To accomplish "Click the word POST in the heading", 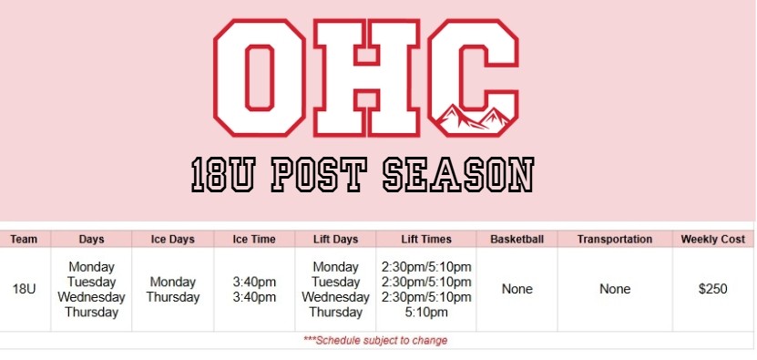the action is pyautogui.click(x=319, y=174).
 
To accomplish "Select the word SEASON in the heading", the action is pyautogui.click(x=458, y=174).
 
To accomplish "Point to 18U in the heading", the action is pyautogui.click(x=223, y=174).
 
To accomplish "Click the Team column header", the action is pyautogui.click(x=24, y=239).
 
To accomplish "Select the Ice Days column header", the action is pyautogui.click(x=172, y=239).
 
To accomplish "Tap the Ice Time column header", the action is pyautogui.click(x=254, y=239).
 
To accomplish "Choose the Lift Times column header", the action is pyautogui.click(x=426, y=239).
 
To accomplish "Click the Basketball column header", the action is pyautogui.click(x=517, y=239).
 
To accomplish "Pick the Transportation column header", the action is pyautogui.click(x=615, y=239).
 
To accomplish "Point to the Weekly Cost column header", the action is pyautogui.click(x=713, y=239).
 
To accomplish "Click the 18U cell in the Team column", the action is pyautogui.click(x=24, y=290).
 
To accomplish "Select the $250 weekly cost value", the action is pyautogui.click(x=713, y=290).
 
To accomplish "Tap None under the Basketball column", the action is pyautogui.click(x=517, y=290).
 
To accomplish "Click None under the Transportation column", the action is pyautogui.click(x=615, y=290).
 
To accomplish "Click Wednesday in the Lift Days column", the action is pyautogui.click(x=335, y=297).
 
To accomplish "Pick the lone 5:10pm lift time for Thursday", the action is pyautogui.click(x=426, y=313).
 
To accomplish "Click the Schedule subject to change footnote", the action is pyautogui.click(x=375, y=341).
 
